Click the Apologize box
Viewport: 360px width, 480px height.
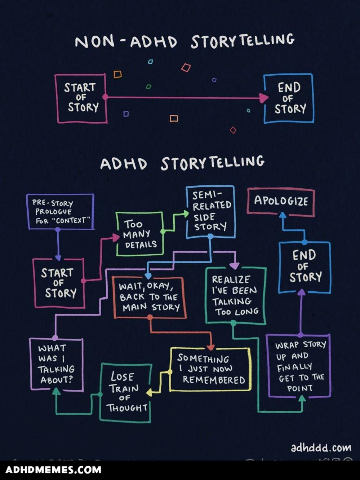(x=281, y=201)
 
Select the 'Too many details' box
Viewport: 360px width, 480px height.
(x=140, y=234)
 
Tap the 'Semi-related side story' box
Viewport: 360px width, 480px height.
(x=211, y=212)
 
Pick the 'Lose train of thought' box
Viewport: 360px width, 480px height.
(x=125, y=392)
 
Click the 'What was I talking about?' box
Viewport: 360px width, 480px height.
(x=56, y=364)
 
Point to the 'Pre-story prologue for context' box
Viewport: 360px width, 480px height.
(x=61, y=211)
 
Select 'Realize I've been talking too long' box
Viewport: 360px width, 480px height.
(x=235, y=295)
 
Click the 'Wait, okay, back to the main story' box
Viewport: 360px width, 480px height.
(x=149, y=297)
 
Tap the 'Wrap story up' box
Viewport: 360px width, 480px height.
(x=299, y=366)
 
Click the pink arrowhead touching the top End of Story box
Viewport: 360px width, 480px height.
(x=263, y=97)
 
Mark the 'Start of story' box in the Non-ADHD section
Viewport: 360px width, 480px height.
(x=81, y=98)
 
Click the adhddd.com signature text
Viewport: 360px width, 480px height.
(x=321, y=448)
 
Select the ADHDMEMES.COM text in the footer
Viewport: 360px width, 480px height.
(x=53, y=470)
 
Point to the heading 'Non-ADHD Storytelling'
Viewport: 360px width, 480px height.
(x=184, y=41)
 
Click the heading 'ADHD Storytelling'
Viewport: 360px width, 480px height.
(x=182, y=163)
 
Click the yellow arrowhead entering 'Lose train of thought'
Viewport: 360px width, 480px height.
(x=149, y=392)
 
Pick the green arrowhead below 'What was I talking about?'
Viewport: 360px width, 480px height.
(x=56, y=391)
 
